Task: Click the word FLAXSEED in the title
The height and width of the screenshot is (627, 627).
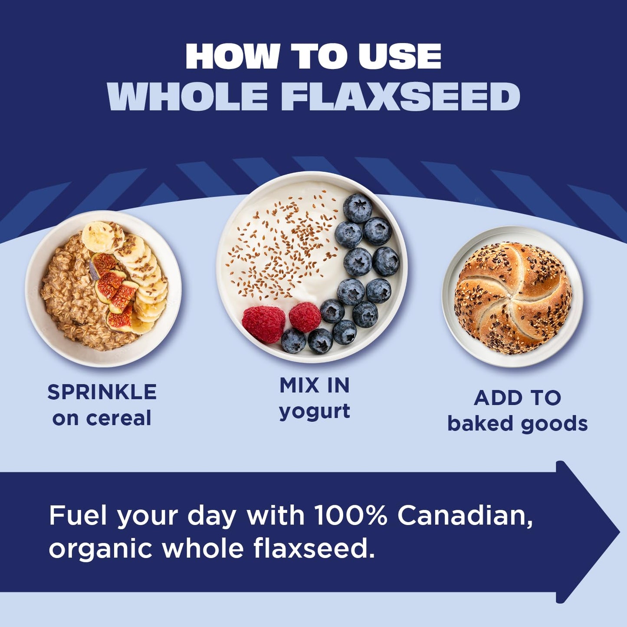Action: pos(401,97)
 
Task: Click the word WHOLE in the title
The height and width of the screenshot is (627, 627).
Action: pos(187,97)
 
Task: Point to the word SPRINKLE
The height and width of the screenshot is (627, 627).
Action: pos(102,392)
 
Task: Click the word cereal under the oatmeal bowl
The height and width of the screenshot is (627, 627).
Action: pos(118,418)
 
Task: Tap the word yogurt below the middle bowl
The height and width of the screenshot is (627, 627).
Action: pos(315,411)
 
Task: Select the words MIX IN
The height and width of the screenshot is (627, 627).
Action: pos(315,385)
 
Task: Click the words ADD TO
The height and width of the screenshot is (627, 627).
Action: pos(517,397)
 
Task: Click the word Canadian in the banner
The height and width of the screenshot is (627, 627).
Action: pos(465,515)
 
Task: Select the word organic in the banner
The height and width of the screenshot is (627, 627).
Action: pos(101,549)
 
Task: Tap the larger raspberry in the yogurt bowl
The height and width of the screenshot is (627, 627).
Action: pos(263,324)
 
